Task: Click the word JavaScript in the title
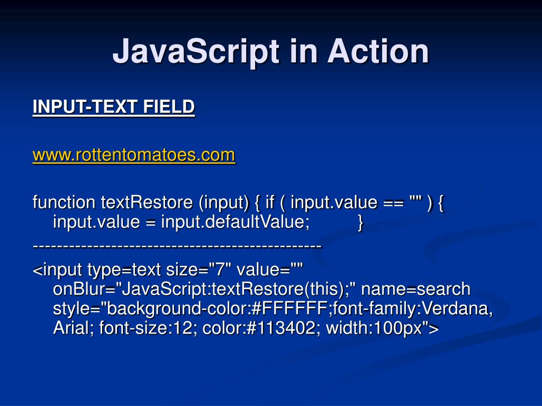click(x=196, y=52)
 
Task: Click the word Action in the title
click(x=377, y=52)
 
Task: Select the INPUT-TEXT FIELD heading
click(x=113, y=107)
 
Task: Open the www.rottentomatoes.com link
click(x=133, y=155)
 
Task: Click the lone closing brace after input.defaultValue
click(x=360, y=223)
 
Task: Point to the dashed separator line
click(x=177, y=247)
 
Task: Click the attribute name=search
click(x=423, y=290)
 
